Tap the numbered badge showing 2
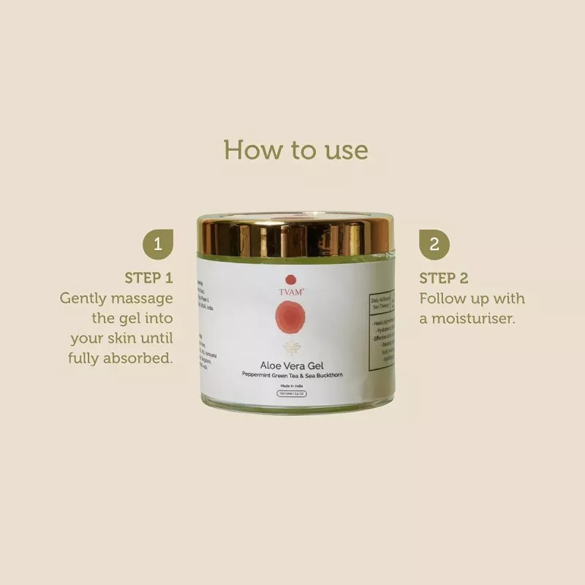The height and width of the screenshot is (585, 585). click(434, 244)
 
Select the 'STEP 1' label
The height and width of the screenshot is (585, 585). click(148, 278)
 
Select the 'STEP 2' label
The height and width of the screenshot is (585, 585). click(444, 278)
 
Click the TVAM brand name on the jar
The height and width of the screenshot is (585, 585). click(292, 290)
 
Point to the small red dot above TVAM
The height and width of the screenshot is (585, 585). click(290, 279)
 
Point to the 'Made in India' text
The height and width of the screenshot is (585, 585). click(292, 386)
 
